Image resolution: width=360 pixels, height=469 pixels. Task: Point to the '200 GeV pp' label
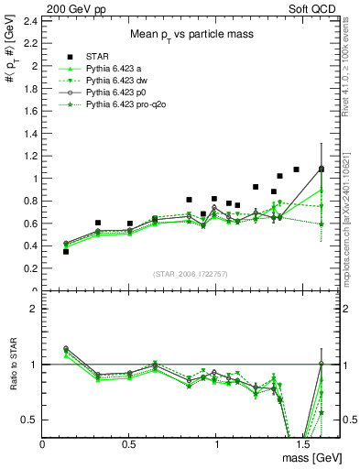point(71,6)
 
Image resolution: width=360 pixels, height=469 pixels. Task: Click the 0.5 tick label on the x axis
point(130,443)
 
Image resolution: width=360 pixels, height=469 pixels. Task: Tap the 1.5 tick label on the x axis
point(302,443)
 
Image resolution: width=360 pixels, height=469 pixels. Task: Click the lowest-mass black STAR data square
point(65,251)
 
